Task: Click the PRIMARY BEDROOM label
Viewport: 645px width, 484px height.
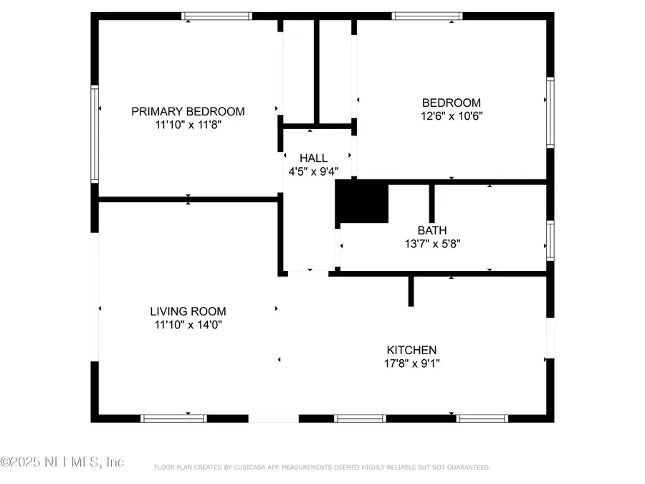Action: [188, 111]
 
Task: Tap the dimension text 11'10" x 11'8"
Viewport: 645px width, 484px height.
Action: [188, 125]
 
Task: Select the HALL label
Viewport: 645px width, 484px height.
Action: [313, 158]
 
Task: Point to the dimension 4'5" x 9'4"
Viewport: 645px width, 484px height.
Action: [313, 171]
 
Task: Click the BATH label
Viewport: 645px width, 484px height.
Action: [432, 230]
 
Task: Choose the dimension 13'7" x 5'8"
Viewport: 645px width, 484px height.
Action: [432, 243]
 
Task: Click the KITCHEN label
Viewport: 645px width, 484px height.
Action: [411, 350]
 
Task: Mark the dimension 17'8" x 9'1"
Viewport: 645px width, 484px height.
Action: [411, 363]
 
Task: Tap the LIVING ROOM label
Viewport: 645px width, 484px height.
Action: [188, 311]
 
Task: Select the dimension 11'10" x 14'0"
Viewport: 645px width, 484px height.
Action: [188, 324]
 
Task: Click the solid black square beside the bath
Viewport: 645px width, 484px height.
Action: [362, 201]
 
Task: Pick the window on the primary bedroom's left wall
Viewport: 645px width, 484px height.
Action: [94, 133]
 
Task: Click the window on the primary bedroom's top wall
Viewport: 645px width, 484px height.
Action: [216, 16]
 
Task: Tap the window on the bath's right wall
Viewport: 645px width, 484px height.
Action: [550, 240]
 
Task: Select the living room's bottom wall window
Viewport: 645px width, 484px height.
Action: [173, 418]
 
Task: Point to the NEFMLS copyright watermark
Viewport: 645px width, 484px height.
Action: [62, 462]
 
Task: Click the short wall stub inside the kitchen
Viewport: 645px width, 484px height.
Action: [411, 290]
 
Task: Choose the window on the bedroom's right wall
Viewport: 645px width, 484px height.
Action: [550, 113]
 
